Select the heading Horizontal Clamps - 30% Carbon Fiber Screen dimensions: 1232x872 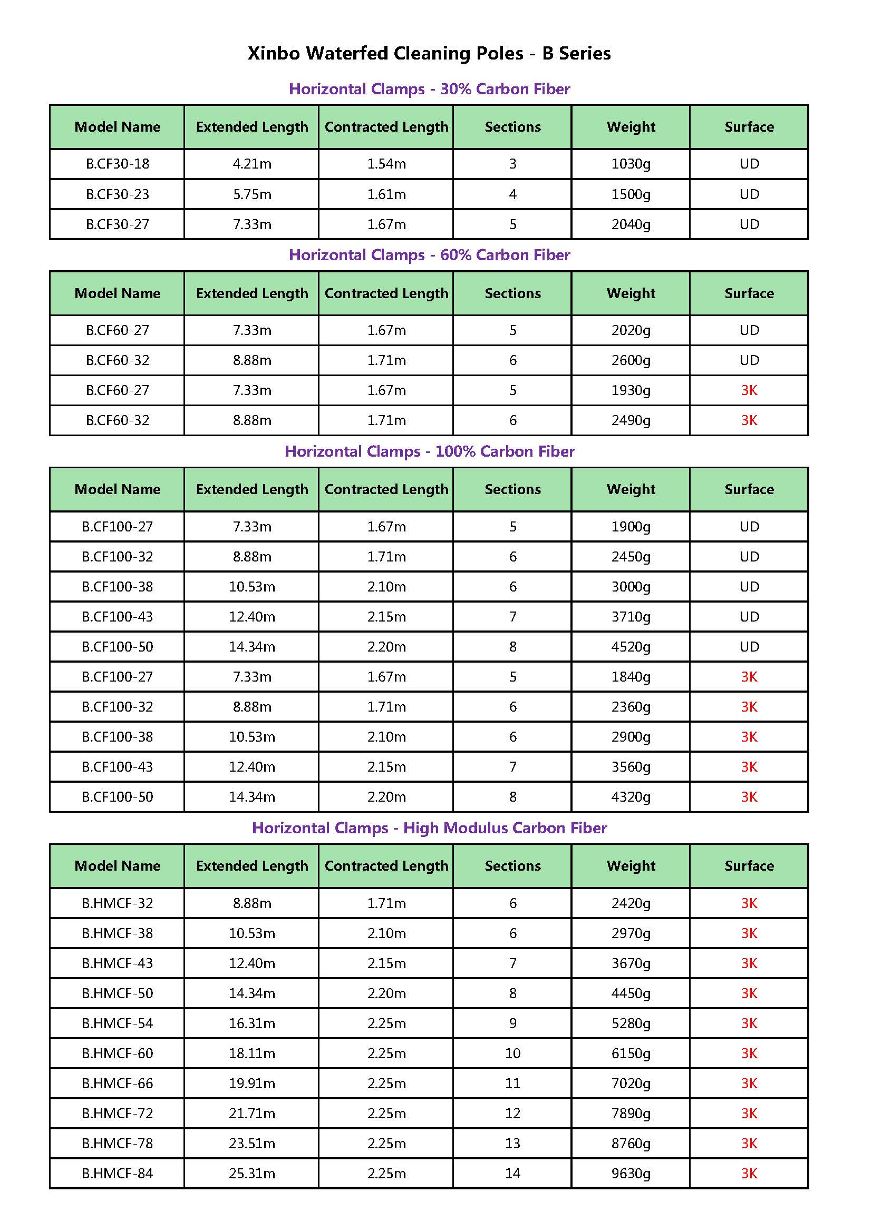(429, 89)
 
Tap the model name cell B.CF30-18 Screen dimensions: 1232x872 (117, 164)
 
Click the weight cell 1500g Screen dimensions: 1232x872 (631, 194)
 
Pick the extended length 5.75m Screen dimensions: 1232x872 (252, 194)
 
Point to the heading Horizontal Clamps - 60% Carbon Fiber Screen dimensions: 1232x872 (429, 255)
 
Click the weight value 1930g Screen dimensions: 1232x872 (631, 390)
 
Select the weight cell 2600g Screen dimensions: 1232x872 (631, 360)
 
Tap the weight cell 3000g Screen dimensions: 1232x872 (631, 586)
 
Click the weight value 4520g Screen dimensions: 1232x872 (631, 647)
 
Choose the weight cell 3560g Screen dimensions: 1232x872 (631, 767)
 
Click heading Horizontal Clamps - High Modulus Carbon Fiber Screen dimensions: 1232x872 (429, 828)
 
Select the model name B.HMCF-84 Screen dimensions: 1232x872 (117, 1174)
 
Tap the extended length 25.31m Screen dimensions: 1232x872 (252, 1174)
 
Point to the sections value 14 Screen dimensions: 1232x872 (512, 1174)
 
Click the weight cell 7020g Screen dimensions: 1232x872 (631, 1083)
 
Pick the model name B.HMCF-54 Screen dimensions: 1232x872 (117, 1023)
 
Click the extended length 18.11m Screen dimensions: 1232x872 (252, 1053)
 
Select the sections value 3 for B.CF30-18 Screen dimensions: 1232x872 (512, 164)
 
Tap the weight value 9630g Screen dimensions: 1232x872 (631, 1174)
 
